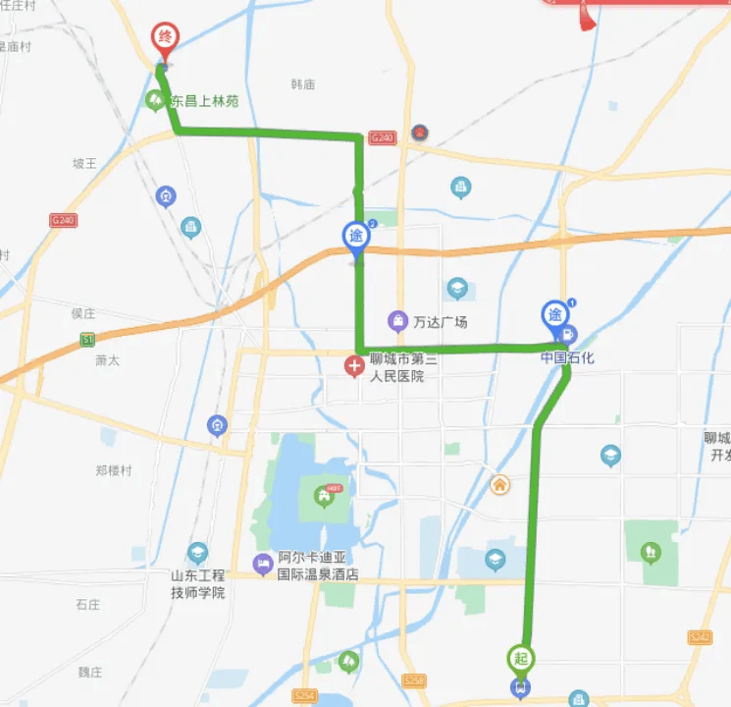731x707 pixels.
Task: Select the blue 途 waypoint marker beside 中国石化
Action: tap(554, 315)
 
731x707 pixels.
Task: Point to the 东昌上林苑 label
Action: tap(204, 101)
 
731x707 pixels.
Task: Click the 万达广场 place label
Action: tap(440, 322)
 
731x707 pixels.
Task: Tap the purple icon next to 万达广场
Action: tap(397, 320)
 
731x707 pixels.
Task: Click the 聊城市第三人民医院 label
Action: tap(396, 367)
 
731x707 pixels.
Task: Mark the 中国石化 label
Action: tap(567, 358)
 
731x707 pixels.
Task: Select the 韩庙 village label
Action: tap(303, 84)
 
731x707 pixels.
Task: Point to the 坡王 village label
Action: tap(85, 163)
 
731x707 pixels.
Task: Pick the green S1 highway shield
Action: tap(87, 340)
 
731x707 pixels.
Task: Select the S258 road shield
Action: tap(414, 680)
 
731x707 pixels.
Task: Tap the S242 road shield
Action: tap(701, 637)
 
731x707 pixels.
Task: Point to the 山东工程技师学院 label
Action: tap(197, 583)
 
